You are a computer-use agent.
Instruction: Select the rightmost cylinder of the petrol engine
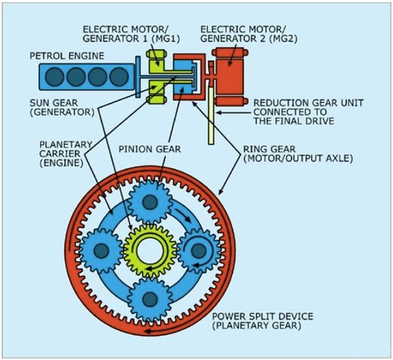[115, 77]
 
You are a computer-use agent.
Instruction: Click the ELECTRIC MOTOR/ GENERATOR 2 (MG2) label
[243, 35]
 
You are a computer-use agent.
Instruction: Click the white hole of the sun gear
[150, 250]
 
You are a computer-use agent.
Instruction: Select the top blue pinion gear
[150, 201]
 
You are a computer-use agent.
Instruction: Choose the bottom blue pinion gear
[150, 299]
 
